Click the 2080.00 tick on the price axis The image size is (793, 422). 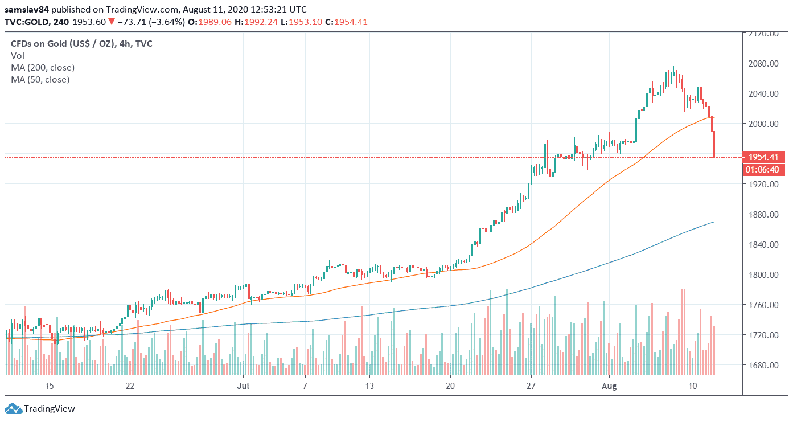(x=763, y=63)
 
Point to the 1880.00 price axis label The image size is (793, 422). (x=763, y=214)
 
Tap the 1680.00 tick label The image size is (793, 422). (x=763, y=365)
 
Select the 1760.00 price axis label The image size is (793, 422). (x=763, y=305)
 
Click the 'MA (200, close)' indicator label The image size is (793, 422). (x=43, y=67)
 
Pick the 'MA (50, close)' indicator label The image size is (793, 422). (x=40, y=79)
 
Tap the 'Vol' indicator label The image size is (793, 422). (x=17, y=55)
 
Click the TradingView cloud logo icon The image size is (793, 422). (x=14, y=408)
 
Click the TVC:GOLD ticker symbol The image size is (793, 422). (x=26, y=22)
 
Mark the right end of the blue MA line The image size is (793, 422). (x=714, y=222)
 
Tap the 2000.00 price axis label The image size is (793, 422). (x=763, y=124)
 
